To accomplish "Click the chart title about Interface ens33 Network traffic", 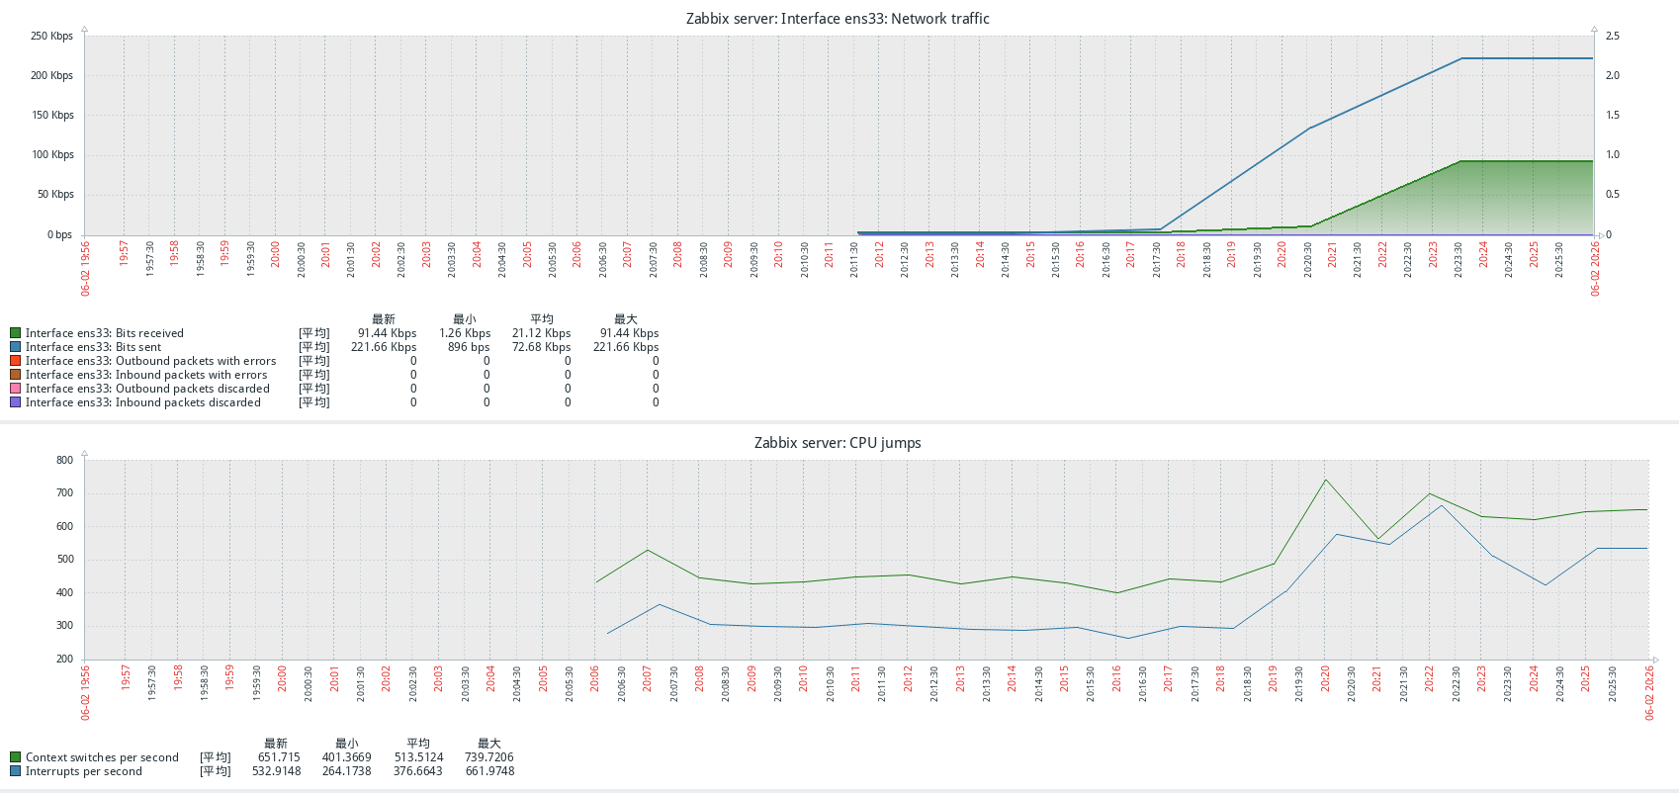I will [x=838, y=19].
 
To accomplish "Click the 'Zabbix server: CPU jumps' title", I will [x=838, y=443].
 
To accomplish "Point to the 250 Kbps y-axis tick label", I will [x=52, y=37].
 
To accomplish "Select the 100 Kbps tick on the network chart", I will [x=52, y=155].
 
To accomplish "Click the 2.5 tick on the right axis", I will [x=1612, y=37].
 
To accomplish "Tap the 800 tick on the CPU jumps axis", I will [x=64, y=461].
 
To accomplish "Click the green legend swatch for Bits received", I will [x=15, y=333].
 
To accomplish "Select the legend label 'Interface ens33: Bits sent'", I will [x=93, y=347].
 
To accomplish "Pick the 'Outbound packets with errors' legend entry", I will [x=150, y=361].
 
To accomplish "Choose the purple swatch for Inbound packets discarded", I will [x=15, y=402].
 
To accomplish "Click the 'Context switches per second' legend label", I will [x=102, y=757].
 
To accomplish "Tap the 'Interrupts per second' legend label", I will [x=84, y=771].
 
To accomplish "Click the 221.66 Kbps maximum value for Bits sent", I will [x=626, y=347].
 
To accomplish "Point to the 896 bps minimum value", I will [x=469, y=347].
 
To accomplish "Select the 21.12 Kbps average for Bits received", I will [x=541, y=333].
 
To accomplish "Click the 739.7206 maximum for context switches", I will [x=489, y=757].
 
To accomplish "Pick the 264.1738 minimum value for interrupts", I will [x=346, y=771].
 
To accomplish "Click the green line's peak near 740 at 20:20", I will [x=1325, y=481].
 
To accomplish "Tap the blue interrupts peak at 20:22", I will [x=1442, y=506].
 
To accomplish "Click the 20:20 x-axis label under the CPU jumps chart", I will [x=1325, y=678].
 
